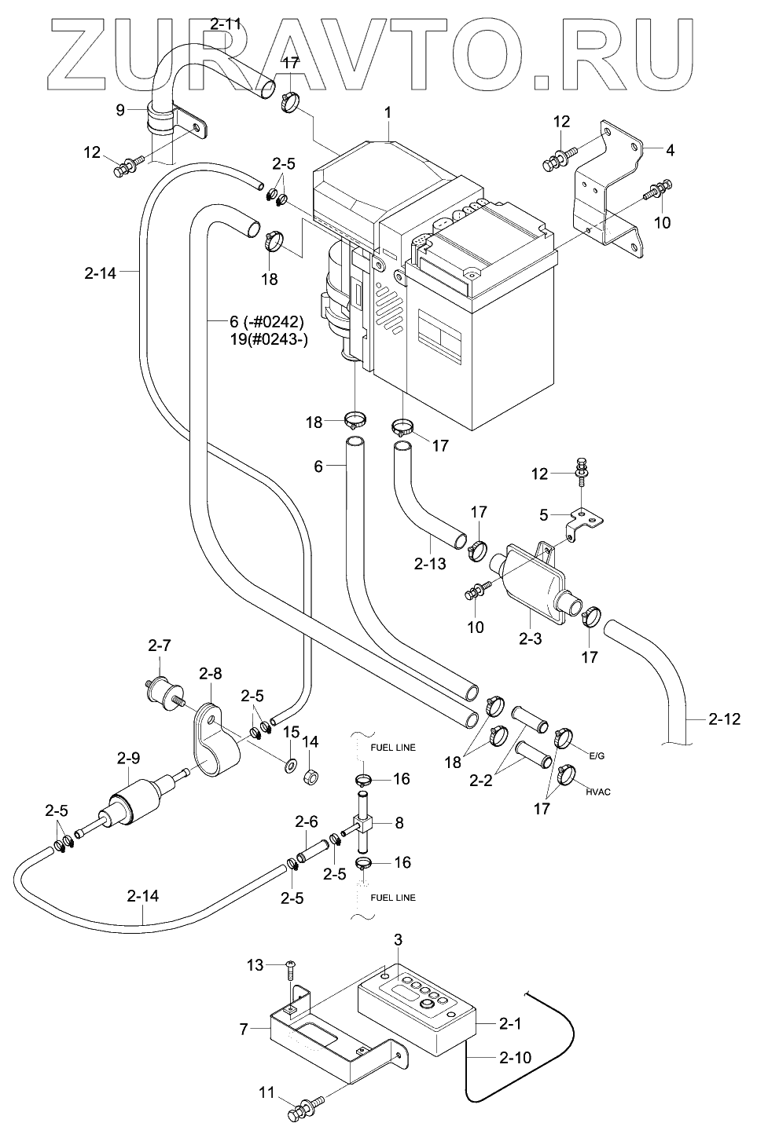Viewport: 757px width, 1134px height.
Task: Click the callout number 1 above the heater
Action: tap(388, 114)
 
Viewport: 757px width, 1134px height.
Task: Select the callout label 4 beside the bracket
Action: tap(670, 149)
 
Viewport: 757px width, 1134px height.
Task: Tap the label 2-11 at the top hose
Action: tap(226, 24)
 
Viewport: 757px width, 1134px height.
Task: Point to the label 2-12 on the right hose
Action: tap(724, 719)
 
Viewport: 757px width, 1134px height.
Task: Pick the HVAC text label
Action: tap(598, 792)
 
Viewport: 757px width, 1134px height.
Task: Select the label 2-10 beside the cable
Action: tap(515, 1058)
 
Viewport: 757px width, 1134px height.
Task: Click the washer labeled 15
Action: tap(290, 763)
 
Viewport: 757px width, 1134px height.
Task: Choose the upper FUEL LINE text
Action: tap(394, 748)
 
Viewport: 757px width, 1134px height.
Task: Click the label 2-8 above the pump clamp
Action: tap(211, 673)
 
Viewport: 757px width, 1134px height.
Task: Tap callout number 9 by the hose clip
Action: tap(121, 110)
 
